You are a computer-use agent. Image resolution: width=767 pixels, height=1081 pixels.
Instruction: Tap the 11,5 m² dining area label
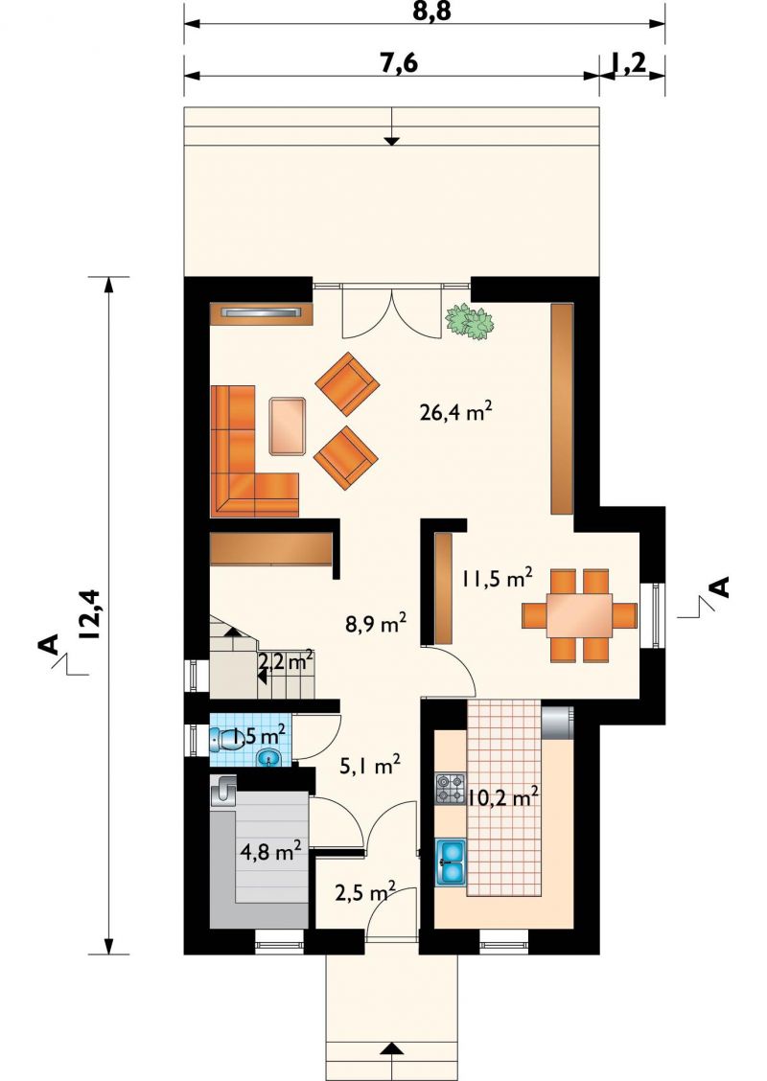click(x=497, y=578)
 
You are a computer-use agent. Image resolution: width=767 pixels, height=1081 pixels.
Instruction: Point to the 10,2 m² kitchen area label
click(x=502, y=797)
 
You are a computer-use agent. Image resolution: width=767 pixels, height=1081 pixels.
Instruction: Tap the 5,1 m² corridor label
click(x=370, y=766)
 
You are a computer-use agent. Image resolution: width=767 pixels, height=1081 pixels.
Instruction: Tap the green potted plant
click(x=469, y=321)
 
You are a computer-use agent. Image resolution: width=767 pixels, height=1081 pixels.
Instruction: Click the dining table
click(x=579, y=615)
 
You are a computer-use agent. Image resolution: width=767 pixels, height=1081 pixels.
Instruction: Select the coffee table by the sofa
click(x=289, y=426)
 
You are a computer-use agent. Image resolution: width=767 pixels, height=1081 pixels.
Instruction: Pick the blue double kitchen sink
click(x=452, y=862)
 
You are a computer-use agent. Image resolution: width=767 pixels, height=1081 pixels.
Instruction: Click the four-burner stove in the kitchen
click(x=452, y=789)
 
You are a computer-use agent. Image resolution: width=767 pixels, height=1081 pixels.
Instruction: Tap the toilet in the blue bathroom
click(x=222, y=741)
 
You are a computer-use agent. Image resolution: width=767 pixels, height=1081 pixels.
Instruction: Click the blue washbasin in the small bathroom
click(x=269, y=759)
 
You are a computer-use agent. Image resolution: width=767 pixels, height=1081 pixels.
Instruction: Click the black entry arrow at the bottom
click(x=392, y=1068)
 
